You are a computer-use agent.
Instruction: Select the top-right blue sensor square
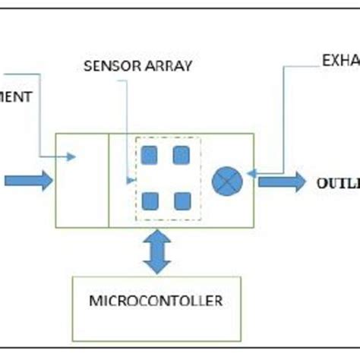pos(181,156)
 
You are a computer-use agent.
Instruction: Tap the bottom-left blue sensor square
pos(150,201)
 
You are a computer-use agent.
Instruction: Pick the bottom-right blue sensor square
pos(181,201)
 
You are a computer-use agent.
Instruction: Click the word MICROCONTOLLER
pos(156,301)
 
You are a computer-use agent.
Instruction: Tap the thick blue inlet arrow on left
pos(28,181)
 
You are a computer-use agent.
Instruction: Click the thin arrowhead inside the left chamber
pos(71,157)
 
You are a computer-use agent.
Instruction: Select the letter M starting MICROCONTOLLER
pos(94,301)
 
